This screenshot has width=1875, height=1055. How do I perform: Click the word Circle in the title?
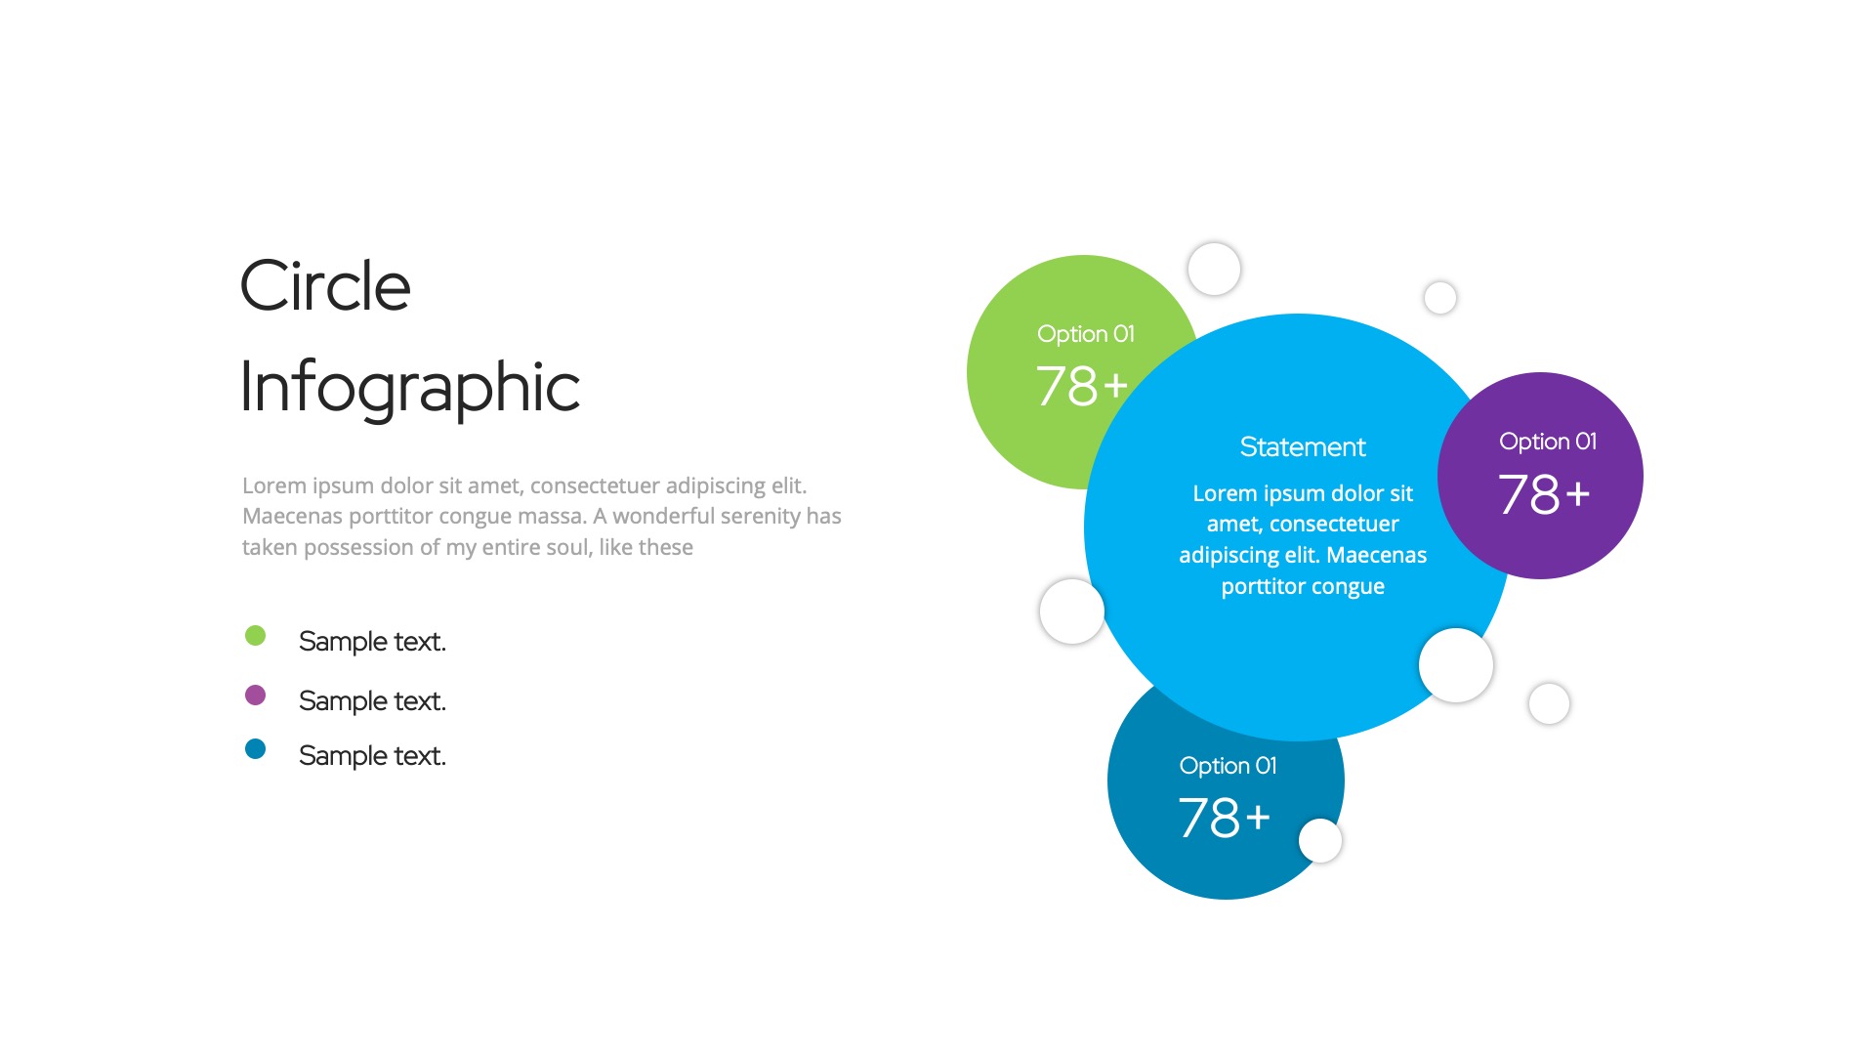coord(325,286)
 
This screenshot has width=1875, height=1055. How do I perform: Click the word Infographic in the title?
coord(409,388)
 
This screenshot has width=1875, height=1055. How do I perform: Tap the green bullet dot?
coord(255,636)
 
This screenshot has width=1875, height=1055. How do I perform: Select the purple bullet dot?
coord(255,695)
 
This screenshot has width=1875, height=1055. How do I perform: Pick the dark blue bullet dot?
coord(255,749)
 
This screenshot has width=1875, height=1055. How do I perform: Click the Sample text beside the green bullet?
coord(372,642)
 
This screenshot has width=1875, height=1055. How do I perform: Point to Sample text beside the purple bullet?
coord(372,701)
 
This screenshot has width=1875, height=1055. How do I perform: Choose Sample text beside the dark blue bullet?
coord(372,756)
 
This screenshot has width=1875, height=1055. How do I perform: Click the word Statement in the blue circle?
coord(1303,447)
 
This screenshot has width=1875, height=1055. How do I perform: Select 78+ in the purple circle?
coord(1544,494)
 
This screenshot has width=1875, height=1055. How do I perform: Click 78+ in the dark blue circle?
coord(1225,818)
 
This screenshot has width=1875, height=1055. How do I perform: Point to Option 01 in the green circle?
coord(1086,334)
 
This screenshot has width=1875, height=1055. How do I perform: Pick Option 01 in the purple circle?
coord(1548,442)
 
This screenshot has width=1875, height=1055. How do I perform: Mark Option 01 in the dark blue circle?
coord(1228,766)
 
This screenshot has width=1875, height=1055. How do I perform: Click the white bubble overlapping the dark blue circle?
coord(1320,841)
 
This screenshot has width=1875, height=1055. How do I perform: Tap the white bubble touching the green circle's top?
coord(1214,269)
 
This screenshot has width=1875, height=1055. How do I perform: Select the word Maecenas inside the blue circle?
coord(1376,556)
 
